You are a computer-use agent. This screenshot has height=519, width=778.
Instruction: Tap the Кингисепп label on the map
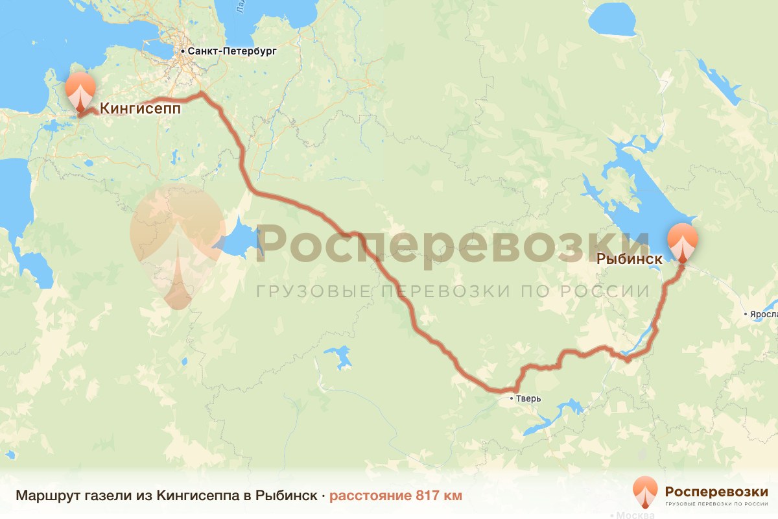139,110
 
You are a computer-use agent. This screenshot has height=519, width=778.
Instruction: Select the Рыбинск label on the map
629,259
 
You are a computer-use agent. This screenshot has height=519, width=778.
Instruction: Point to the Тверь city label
528,398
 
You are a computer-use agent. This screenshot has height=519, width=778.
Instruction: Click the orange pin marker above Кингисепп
80,91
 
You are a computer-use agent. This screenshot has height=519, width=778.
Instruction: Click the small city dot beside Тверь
512,398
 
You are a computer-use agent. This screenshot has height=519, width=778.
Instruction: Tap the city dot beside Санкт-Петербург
183,51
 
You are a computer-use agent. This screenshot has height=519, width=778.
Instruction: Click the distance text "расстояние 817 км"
395,496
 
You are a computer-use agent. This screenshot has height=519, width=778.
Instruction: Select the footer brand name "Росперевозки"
716,490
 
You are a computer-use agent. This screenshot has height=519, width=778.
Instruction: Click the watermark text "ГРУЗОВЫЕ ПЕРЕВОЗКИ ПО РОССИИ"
453,291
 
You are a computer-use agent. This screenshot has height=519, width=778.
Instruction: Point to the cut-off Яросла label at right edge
764,315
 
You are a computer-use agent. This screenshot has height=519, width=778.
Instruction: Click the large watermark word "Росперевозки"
453,243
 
